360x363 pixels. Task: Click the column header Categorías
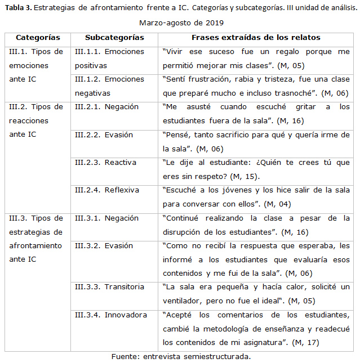coord(38,37)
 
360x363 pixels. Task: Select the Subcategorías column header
coord(114,37)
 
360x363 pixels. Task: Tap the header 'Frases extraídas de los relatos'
coord(256,37)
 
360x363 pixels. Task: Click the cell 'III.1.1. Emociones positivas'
coord(109,58)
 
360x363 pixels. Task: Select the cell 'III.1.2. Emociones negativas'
coord(109,86)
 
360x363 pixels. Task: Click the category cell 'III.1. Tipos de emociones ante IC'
coord(36,65)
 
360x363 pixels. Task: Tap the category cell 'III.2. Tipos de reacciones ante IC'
coord(36,120)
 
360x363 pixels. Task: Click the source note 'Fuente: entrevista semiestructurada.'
coord(181,356)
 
